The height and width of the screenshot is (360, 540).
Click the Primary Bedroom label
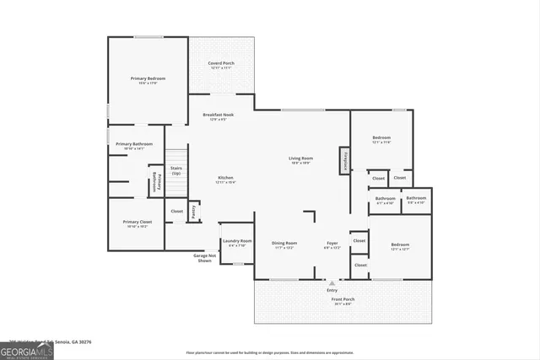[x=148, y=78]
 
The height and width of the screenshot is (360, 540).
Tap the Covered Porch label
[x=221, y=64]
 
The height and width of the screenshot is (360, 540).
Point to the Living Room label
[x=301, y=159]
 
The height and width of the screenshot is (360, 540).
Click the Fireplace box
[x=345, y=160]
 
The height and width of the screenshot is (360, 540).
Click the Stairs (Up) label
[x=176, y=170]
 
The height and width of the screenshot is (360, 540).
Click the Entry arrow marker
[x=332, y=283]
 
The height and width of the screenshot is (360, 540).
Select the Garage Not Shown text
[x=203, y=258]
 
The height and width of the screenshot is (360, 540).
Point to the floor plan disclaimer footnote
[x=270, y=353]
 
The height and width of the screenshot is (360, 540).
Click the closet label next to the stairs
[x=176, y=211]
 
